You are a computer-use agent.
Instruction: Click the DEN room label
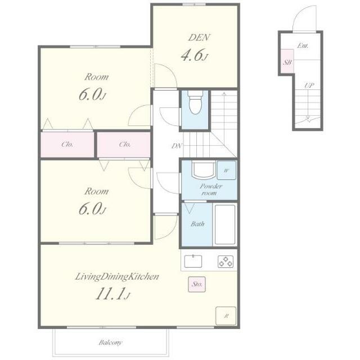pos(199,38)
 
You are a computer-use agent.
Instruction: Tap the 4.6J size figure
pos(195,55)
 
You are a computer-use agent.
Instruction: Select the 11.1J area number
pos(112,294)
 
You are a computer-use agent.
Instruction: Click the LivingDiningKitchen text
pos(117,277)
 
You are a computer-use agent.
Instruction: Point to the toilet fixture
pos(195,102)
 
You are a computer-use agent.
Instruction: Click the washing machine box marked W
pos(226,170)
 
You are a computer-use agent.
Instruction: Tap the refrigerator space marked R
pos(226,316)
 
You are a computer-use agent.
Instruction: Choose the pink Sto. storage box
pos(197,284)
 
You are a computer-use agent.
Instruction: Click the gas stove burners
pos(226,262)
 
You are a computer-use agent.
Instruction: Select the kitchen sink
pos(193,261)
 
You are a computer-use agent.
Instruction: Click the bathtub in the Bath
pos(225,225)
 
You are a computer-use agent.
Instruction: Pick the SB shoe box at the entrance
pos(287,61)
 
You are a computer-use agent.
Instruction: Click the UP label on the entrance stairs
pos(309,85)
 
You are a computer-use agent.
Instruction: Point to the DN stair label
pos(177,146)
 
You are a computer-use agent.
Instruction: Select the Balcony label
pos(110,343)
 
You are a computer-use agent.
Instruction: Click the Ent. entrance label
pos(303,46)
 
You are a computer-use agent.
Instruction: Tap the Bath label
pos(197,224)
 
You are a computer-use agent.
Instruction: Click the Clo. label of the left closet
pos(67,145)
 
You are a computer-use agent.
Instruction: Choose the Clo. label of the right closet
pos(125,145)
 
